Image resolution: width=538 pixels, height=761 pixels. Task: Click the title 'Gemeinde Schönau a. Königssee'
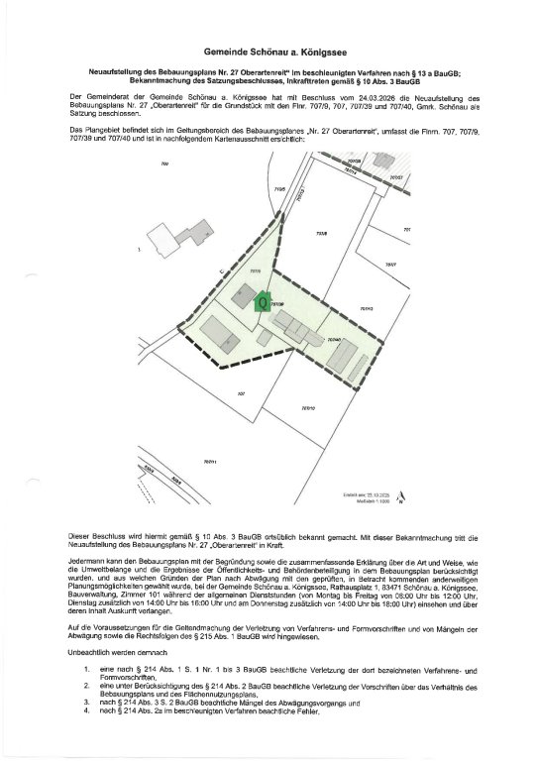[269, 49]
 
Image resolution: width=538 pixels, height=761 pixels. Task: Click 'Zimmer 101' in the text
[145, 598]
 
